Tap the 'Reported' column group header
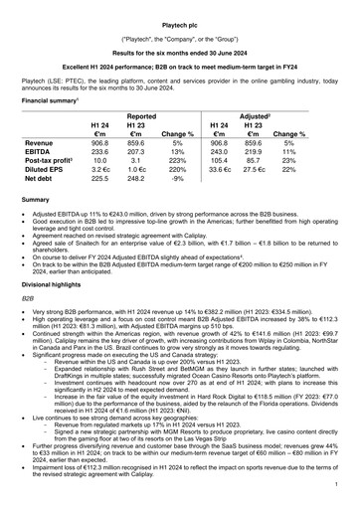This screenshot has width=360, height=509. [140, 115]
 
